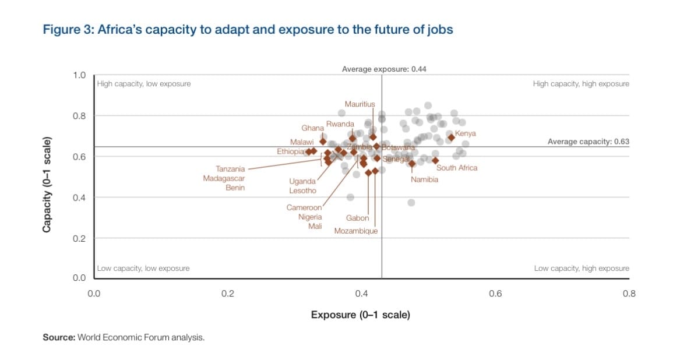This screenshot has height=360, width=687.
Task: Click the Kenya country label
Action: (466, 133)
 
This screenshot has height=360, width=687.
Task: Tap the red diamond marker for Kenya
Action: (451, 137)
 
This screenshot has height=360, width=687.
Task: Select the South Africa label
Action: (457, 168)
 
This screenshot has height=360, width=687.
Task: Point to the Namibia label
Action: (424, 179)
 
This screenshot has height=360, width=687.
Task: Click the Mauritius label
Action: (360, 104)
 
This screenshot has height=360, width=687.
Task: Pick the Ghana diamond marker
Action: (323, 141)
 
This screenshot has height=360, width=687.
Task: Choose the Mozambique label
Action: (356, 231)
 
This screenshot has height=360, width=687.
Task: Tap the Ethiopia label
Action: (290, 151)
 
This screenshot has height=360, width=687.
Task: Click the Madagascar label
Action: (224, 178)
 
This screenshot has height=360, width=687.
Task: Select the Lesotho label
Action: (302, 190)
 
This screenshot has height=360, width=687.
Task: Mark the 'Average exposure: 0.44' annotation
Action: (384, 69)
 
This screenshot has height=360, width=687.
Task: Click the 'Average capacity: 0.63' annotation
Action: (589, 142)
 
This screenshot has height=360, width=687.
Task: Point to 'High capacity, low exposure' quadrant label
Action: (144, 84)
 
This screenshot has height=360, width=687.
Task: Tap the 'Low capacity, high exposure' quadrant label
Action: (582, 269)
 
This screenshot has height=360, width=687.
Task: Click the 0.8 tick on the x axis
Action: (629, 294)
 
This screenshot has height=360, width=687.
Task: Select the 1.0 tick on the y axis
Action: (79, 75)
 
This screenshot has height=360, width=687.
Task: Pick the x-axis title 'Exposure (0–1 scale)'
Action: (360, 315)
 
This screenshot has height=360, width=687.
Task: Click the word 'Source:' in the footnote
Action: (59, 337)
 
